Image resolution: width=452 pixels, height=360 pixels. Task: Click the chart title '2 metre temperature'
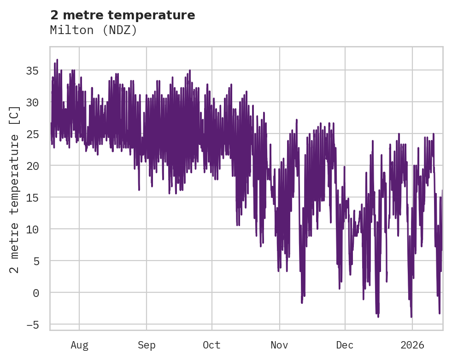coord(123,15)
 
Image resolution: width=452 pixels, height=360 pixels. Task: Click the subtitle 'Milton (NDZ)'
coord(94,30)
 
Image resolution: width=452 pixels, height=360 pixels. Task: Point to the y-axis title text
coord(15,189)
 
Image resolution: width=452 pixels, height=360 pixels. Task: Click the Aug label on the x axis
coord(79,345)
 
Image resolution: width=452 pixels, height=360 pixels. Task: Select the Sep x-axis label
coord(147,345)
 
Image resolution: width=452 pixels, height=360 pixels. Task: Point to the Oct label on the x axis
coord(212,345)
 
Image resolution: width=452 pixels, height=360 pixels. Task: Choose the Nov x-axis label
coord(279,345)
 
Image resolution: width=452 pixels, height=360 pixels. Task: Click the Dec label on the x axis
coord(345,345)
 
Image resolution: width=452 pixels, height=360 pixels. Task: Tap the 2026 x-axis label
coord(412,345)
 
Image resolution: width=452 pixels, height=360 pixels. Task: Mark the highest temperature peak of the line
coord(57,59)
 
